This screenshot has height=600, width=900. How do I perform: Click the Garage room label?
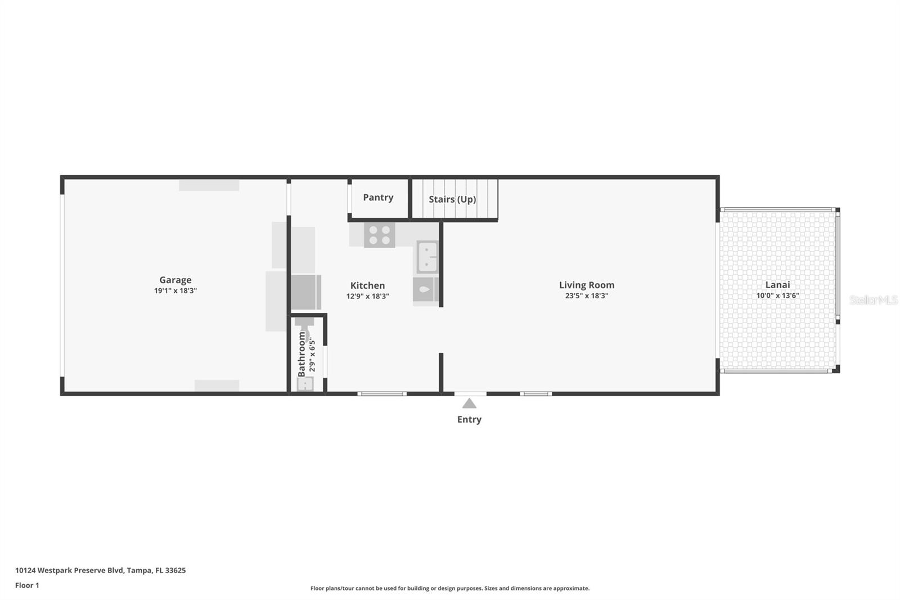click(175, 280)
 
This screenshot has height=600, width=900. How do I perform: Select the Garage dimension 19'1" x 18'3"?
click(175, 291)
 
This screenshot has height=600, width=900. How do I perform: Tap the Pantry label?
click(378, 198)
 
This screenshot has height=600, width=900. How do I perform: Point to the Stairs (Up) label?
click(452, 199)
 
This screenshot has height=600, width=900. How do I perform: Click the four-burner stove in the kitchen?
click(380, 235)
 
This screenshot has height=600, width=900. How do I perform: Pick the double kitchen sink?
click(427, 257)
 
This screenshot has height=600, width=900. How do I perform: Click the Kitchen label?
click(367, 285)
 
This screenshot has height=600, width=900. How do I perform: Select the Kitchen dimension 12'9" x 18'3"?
click(367, 296)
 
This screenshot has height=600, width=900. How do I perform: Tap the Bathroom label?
click(301, 353)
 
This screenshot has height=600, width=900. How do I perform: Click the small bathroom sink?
click(305, 383)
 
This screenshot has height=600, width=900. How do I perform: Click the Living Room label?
click(586, 285)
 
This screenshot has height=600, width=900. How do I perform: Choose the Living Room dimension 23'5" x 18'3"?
click(586, 295)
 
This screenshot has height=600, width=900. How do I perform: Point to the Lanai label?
click(777, 285)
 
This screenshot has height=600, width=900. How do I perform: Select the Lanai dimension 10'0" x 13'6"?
click(777, 295)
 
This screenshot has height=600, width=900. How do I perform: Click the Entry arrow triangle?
click(469, 404)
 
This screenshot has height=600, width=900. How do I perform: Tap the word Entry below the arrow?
click(469, 419)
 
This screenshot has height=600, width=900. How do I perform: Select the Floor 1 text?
click(27, 585)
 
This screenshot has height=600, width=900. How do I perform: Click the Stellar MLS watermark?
click(873, 300)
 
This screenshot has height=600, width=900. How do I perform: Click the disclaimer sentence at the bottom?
click(449, 588)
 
